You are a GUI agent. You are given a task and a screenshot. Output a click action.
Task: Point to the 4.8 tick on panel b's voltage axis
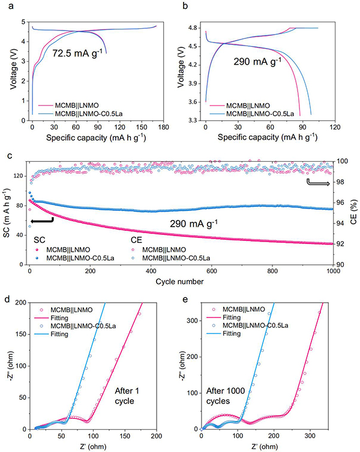click(194, 28)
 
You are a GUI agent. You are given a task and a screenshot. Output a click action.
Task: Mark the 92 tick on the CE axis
click(344, 244)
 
